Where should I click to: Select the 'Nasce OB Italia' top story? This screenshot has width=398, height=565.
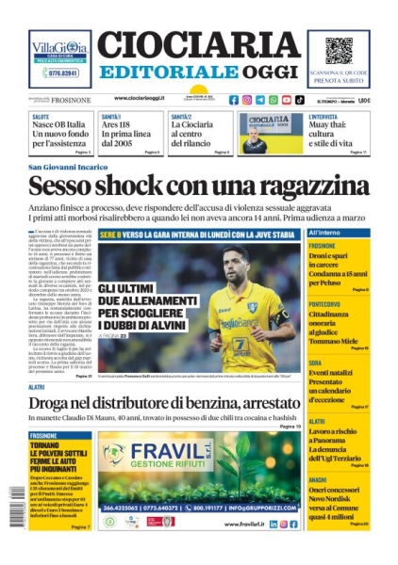coord(61,134)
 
